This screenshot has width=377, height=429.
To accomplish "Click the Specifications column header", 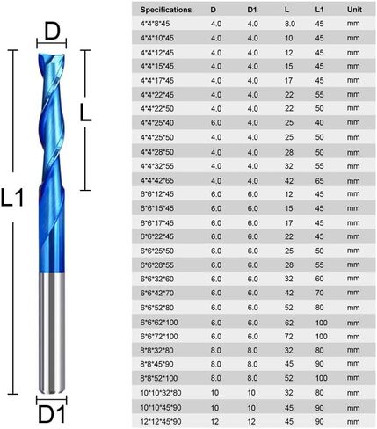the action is (x=166, y=10).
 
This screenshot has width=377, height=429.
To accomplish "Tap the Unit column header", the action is (x=354, y=10).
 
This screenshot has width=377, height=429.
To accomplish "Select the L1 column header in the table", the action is (x=319, y=10).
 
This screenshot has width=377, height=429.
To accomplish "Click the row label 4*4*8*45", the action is (x=155, y=24).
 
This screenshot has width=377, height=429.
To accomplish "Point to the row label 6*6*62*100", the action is (x=159, y=323).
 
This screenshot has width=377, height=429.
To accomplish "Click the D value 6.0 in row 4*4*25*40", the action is (x=216, y=123).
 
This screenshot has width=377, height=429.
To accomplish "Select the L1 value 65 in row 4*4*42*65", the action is (x=319, y=181).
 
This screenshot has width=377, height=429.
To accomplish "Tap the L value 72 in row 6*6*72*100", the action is (x=289, y=337).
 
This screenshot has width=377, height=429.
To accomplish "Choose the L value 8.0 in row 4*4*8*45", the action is (x=290, y=24).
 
